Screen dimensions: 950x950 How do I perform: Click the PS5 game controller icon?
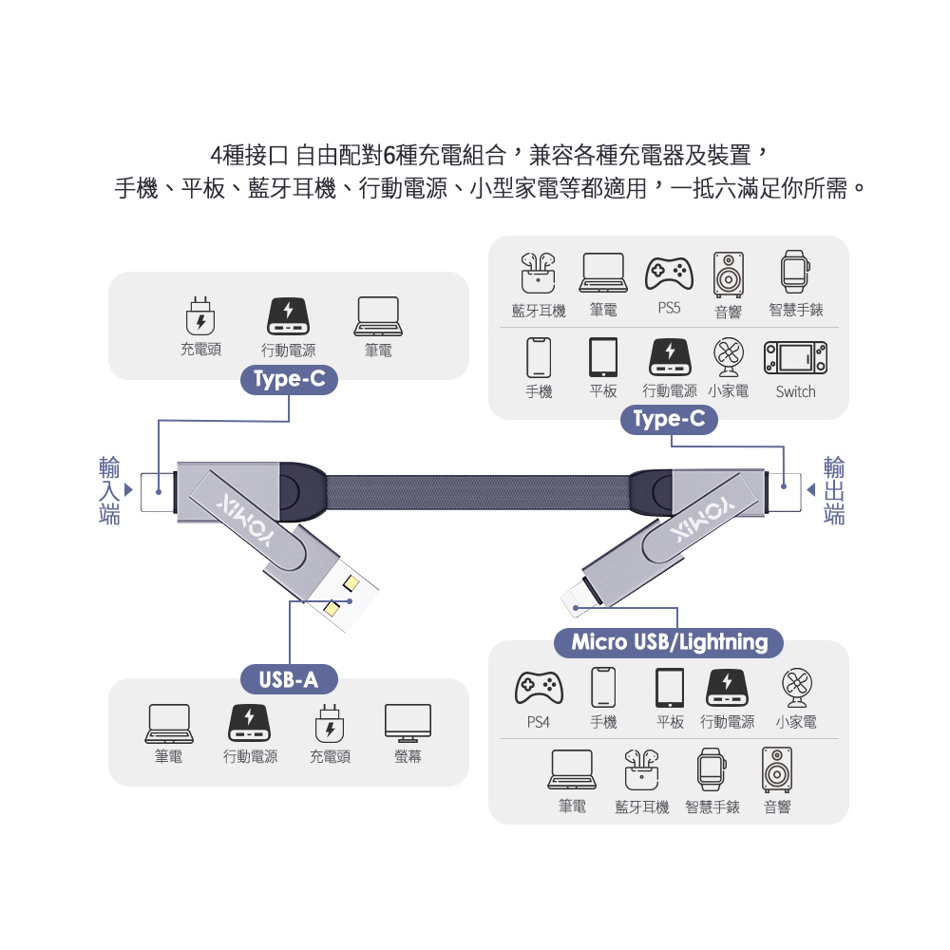coord(669,273)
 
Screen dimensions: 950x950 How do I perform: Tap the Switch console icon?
coord(795,357)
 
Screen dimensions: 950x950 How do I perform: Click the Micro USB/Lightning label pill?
coord(669,642)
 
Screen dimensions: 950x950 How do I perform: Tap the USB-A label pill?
coord(289,679)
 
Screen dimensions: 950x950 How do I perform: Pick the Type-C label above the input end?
coord(290,381)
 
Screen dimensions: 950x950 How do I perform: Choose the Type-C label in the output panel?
coord(669,420)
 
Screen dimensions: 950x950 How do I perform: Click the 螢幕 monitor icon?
coord(408,723)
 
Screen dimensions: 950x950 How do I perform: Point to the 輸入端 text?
coord(110,490)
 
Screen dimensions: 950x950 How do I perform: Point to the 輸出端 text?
coord(834,490)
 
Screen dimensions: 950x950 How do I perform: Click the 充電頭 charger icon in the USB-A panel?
coord(329,723)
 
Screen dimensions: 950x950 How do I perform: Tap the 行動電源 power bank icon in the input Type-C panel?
coord(288,316)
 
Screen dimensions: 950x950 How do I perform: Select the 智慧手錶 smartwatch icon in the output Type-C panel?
coord(795,273)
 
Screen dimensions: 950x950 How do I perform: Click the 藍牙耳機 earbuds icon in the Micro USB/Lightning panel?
coord(641,769)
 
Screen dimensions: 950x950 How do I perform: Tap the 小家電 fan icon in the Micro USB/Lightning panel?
coord(795,687)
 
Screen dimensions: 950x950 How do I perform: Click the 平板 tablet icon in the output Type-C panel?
coord(603,357)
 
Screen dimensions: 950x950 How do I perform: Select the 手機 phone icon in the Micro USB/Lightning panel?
coord(603,687)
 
